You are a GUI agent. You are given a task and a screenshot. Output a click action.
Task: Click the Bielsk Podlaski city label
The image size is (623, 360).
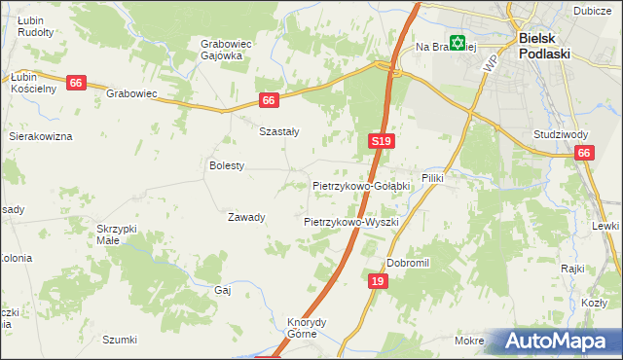550,45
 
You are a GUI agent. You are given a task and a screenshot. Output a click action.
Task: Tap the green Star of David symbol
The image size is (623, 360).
458,44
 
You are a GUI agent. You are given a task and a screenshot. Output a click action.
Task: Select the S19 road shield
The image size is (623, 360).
382,142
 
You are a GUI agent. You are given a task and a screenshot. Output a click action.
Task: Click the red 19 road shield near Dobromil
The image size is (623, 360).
380,281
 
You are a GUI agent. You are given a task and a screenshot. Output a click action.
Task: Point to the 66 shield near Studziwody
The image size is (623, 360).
584,153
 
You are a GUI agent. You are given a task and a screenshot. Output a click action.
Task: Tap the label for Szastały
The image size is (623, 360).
278,131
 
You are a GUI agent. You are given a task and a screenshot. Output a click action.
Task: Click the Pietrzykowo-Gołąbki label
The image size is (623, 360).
361,185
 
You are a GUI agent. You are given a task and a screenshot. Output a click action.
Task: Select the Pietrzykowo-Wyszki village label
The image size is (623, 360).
351,222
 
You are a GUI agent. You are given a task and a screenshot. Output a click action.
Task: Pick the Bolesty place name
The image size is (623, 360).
227,165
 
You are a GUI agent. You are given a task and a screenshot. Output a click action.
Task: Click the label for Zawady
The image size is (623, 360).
246,217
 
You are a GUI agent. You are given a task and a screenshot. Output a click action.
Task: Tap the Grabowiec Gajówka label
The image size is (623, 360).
221,50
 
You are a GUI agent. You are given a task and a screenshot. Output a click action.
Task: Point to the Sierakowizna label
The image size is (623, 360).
41,137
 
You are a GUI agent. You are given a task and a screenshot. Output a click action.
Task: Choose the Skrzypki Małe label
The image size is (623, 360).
117,234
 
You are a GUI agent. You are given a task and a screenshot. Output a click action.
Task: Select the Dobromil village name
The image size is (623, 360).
408,263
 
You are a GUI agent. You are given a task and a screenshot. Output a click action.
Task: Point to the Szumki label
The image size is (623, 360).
120,340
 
